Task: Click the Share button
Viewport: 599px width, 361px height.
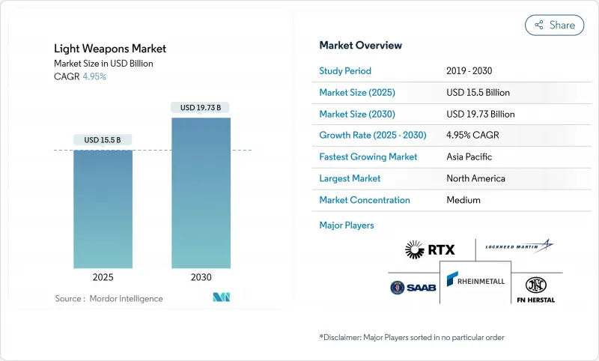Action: [x=554, y=25]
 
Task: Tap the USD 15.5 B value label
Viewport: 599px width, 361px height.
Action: [x=103, y=140]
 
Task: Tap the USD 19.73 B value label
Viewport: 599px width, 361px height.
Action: [x=201, y=108]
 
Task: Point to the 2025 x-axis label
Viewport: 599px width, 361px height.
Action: [x=103, y=277]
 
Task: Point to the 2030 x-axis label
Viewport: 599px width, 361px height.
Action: [x=201, y=277]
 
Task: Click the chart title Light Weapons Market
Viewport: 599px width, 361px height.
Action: [x=110, y=49]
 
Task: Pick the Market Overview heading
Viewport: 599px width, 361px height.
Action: [x=360, y=45]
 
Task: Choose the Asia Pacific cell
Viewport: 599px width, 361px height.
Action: [x=469, y=157]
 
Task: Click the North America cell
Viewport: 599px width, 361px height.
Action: [x=475, y=178]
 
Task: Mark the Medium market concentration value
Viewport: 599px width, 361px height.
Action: [x=463, y=200]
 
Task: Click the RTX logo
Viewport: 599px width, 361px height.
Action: [x=429, y=249]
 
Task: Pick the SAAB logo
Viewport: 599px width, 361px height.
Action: [x=408, y=287]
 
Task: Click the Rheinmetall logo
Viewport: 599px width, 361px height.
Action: [x=475, y=281]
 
